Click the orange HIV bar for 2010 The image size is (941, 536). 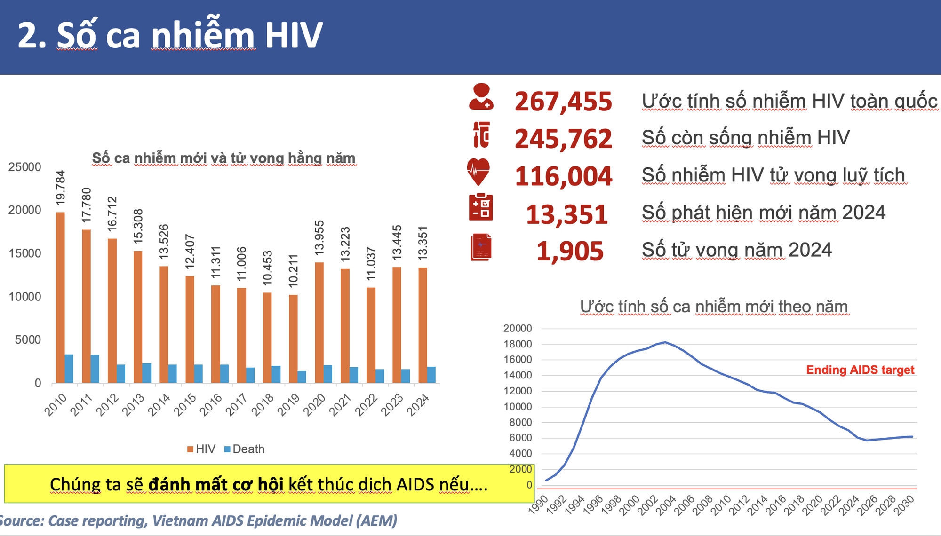pyautogui.click(x=60, y=297)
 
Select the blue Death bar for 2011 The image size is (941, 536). pyautogui.click(x=95, y=369)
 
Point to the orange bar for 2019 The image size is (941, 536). pyautogui.click(x=293, y=339)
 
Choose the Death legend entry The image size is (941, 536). pyautogui.click(x=244, y=449)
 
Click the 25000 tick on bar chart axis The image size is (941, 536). pyautogui.click(x=24, y=167)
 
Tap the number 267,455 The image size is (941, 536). pyautogui.click(x=563, y=101)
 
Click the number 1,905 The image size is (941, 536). pyautogui.click(x=570, y=251)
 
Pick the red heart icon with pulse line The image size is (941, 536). pyautogui.click(x=478, y=171)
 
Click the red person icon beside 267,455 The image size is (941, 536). pyautogui.click(x=481, y=97)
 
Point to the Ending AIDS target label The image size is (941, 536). pyautogui.click(x=860, y=370)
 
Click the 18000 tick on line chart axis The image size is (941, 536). pyautogui.click(x=518, y=344)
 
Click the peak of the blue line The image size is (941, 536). pyautogui.click(x=665, y=342)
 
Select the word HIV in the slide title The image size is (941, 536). pyautogui.click(x=294, y=35)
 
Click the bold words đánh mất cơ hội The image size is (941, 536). pyautogui.click(x=215, y=484)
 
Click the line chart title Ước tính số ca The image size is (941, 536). pyautogui.click(x=713, y=307)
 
